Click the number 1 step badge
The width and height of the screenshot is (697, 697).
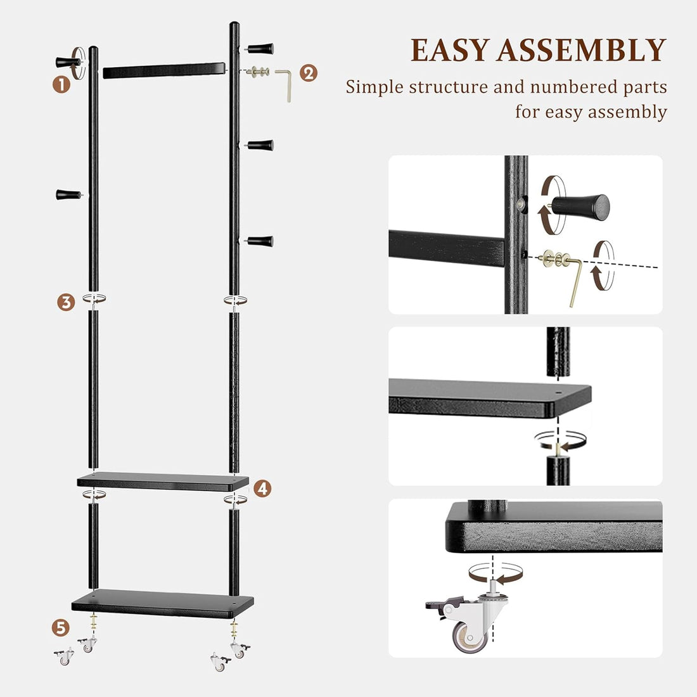click(61, 84)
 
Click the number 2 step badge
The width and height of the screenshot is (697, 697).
click(308, 73)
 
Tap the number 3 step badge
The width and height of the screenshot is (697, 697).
click(65, 302)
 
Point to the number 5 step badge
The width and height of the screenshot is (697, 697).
click(60, 628)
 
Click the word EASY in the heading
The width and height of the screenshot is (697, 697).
click(451, 51)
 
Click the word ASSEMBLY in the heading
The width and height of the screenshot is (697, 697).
click(582, 51)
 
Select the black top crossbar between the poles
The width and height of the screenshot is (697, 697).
click(163, 70)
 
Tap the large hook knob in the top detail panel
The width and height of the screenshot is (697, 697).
click(582, 205)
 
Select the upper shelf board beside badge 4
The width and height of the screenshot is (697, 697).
click(162, 482)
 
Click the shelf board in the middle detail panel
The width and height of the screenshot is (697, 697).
click(488, 398)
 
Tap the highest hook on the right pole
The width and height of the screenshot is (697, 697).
click(260, 48)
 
